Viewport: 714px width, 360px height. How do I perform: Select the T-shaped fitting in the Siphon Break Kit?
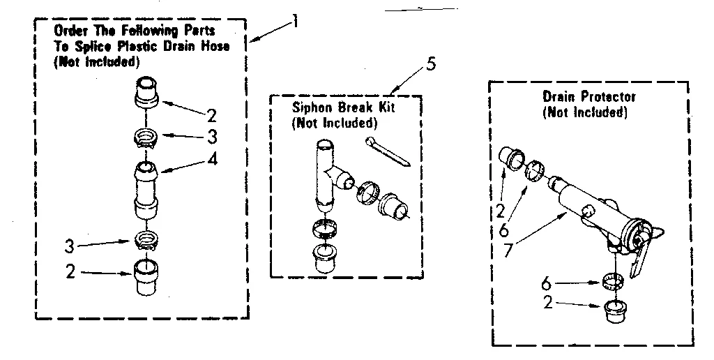[327, 172]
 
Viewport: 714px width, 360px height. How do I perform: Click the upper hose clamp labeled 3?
[148, 137]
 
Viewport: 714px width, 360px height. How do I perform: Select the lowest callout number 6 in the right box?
[547, 283]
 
